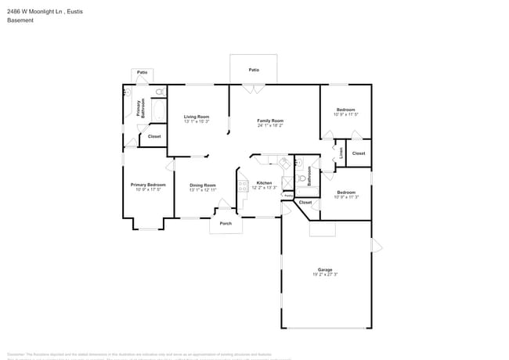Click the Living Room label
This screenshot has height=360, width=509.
[197, 116]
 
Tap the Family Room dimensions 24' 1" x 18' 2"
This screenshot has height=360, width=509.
[270, 125]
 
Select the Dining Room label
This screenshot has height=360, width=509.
[202, 185]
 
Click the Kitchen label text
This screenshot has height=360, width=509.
[264, 183]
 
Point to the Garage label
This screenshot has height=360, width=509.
[325, 269]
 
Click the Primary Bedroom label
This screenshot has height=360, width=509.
[148, 185]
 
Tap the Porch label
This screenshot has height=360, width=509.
[226, 223]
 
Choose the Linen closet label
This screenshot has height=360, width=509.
[341, 153]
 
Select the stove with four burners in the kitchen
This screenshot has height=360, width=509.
[243, 185]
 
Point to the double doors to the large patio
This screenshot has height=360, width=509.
[253, 89]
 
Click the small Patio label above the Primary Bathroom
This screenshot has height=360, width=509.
[142, 73]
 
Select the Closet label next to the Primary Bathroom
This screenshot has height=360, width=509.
[154, 136]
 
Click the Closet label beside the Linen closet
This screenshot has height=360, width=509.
[358, 153]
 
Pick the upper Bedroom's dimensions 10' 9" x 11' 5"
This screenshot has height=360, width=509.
[346, 115]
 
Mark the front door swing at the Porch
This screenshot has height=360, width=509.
[224, 203]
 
